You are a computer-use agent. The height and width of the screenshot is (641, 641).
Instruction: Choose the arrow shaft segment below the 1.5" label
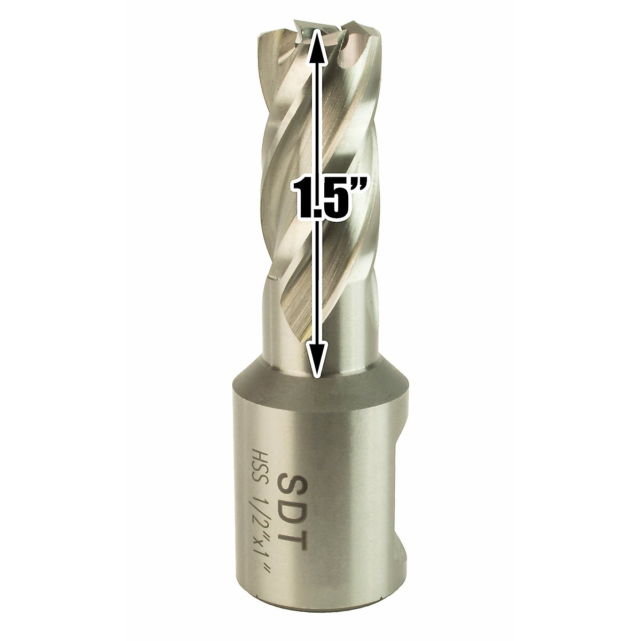click(317, 288)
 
